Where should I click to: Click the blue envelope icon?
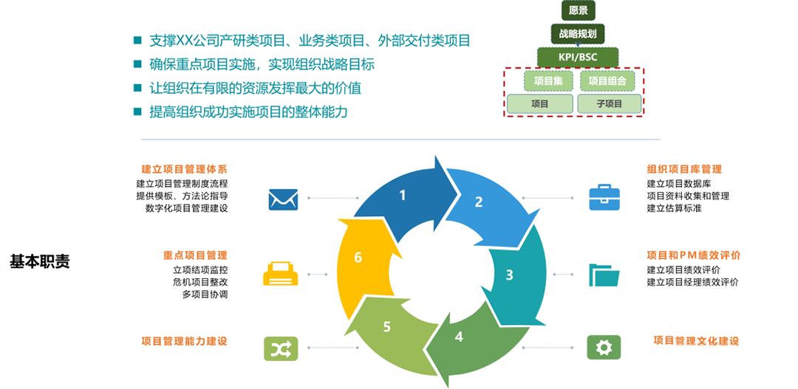click(283, 199)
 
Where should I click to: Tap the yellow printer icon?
click(281, 275)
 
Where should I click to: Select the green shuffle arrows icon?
click(281, 348)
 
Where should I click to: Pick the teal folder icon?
click(604, 275)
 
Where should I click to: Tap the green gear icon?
click(604, 347)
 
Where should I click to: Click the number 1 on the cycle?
click(403, 196)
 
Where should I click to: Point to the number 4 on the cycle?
click(459, 337)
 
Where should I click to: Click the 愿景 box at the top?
click(578, 10)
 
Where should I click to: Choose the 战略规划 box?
click(578, 33)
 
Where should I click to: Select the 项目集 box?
click(548, 80)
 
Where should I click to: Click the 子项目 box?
click(610, 104)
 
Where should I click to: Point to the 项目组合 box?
click(608, 80)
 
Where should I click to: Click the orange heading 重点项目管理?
click(195, 255)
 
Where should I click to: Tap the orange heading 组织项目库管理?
click(684, 169)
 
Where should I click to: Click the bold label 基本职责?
click(40, 261)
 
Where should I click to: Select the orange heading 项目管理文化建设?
click(696, 340)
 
